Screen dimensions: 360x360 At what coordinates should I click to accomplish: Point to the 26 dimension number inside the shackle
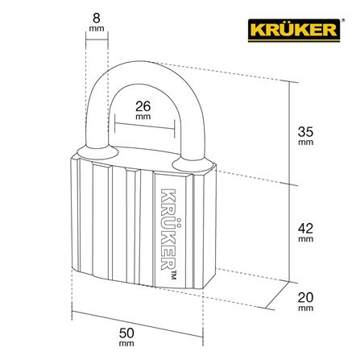tap(144, 105)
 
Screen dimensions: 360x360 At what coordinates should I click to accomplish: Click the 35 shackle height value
tap(305, 129)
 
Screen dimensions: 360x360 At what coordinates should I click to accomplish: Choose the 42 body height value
tap(305, 228)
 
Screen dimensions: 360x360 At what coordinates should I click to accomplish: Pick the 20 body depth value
tap(305, 296)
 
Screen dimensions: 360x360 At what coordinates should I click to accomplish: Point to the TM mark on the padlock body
tap(172, 278)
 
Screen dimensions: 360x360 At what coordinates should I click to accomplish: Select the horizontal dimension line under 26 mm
tap(144, 125)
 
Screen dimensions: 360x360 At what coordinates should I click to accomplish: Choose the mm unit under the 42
tap(305, 239)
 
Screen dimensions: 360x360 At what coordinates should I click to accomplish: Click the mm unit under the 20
tap(305, 307)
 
